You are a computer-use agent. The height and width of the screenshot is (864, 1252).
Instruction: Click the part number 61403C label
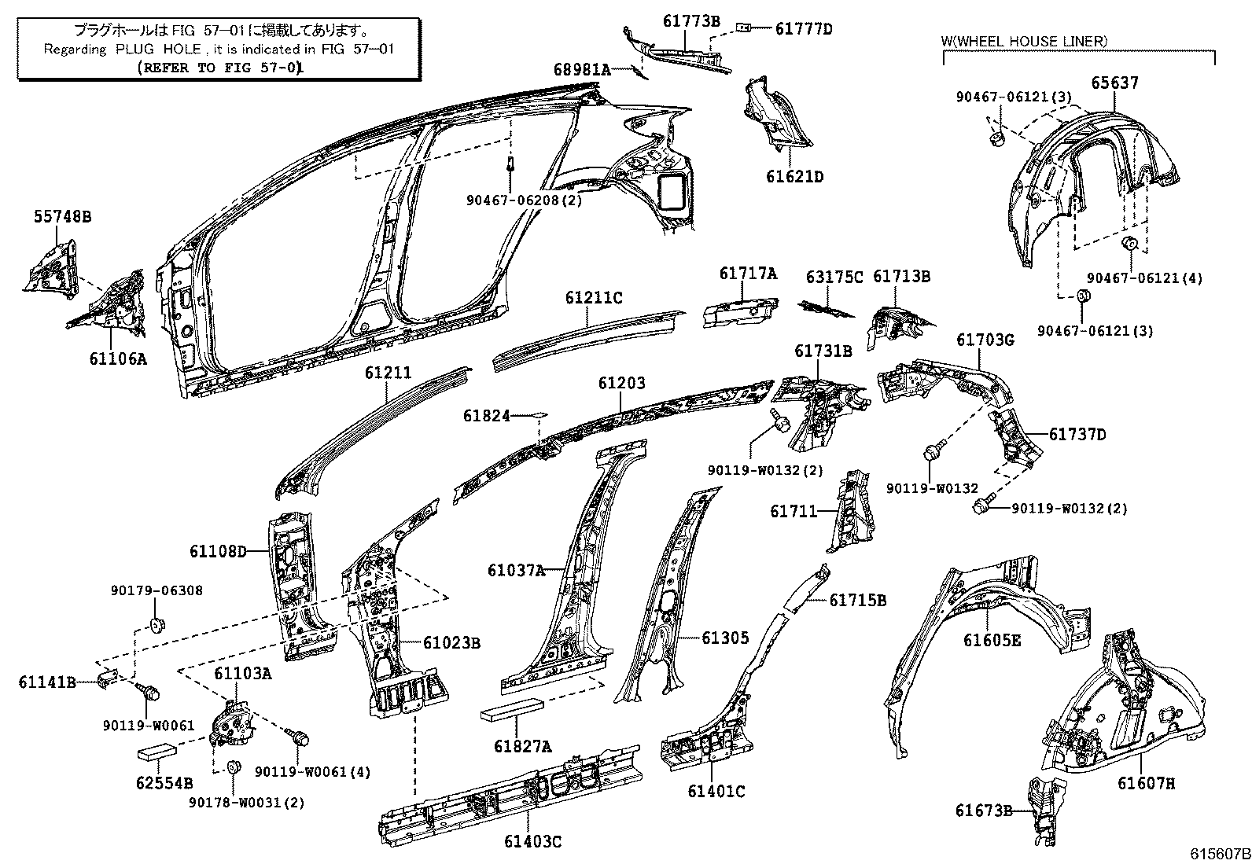(x=533, y=842)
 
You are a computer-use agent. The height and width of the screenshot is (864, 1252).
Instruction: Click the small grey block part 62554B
(x=160, y=752)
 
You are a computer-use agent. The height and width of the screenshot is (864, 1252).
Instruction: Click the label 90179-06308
(x=156, y=590)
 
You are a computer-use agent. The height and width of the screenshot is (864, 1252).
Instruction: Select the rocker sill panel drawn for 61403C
(x=511, y=794)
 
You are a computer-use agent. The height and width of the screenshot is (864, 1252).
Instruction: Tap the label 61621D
(x=794, y=177)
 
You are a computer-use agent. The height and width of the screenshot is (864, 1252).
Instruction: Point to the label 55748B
(x=62, y=217)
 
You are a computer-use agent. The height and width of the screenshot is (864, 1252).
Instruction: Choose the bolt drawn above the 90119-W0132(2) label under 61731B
(x=780, y=422)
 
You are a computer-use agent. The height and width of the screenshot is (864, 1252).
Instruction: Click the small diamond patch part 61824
(x=539, y=414)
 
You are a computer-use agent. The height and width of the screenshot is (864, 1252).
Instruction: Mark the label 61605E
(x=992, y=641)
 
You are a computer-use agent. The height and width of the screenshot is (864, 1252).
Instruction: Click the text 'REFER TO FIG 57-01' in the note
(x=219, y=68)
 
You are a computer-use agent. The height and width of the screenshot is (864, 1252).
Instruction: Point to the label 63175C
(x=834, y=278)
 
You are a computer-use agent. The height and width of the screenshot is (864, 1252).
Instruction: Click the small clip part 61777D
(x=743, y=28)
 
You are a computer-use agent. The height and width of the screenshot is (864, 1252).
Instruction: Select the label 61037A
(x=515, y=570)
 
